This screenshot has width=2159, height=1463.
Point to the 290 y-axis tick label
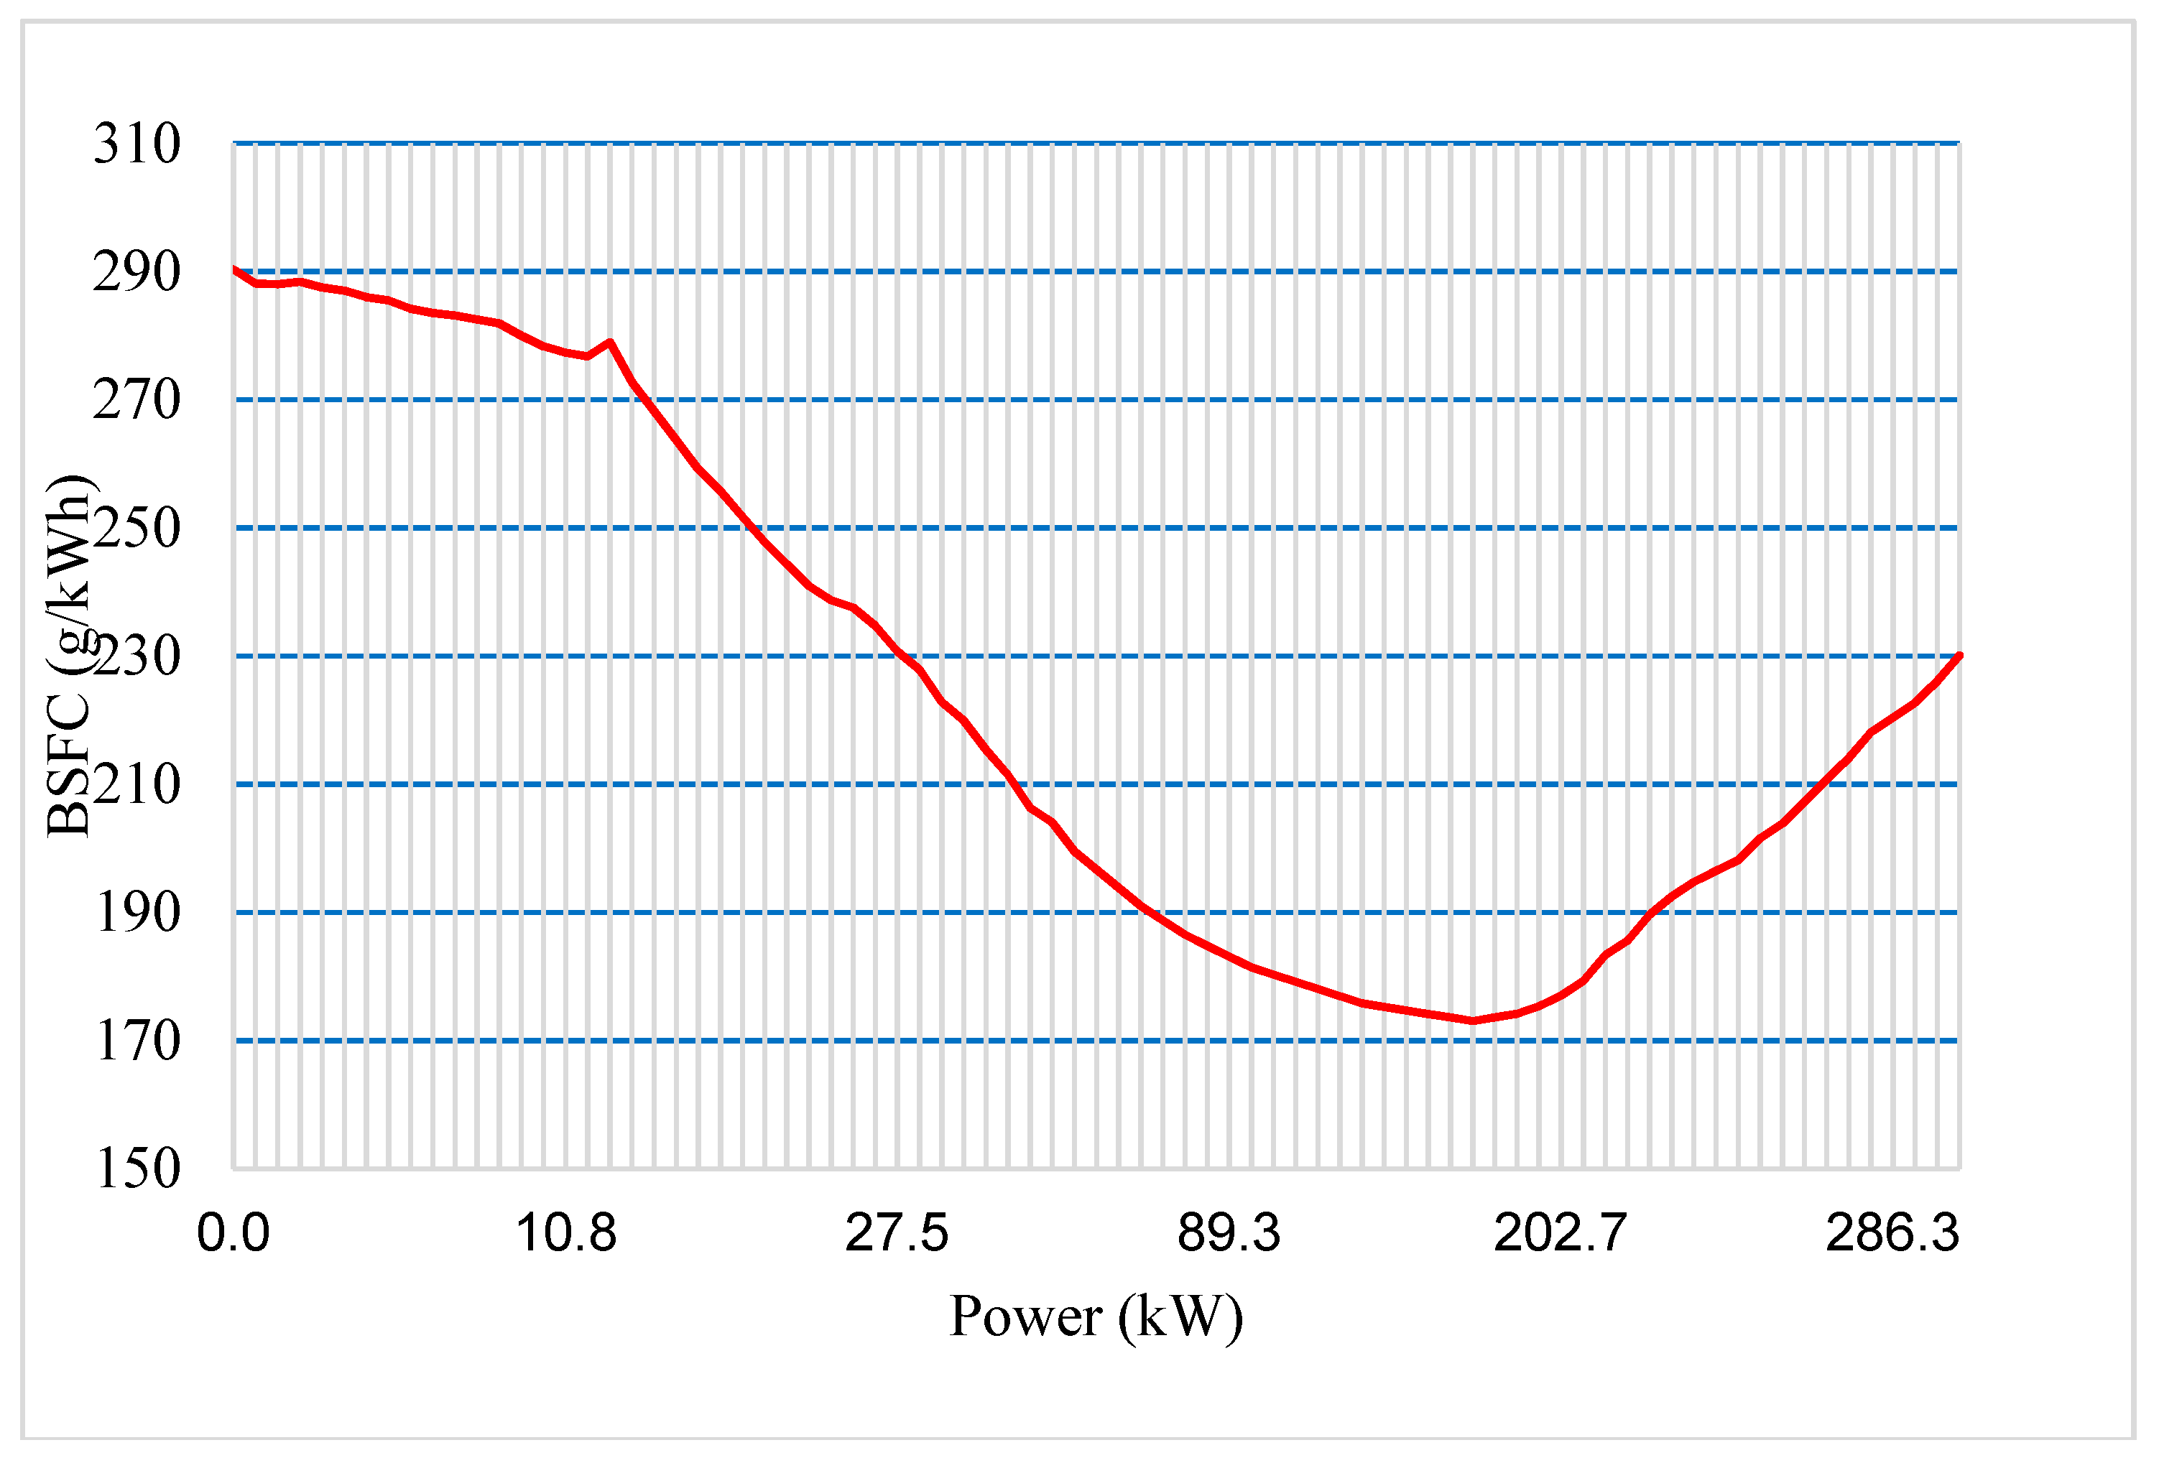pyautogui.click(x=137, y=272)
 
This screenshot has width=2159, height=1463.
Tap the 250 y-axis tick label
pyautogui.click(x=137, y=529)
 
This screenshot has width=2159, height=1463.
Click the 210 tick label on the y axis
pyautogui.click(x=137, y=785)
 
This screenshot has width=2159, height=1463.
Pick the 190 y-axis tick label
pyautogui.click(x=137, y=913)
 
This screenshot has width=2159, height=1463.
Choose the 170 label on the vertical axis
pyautogui.click(x=137, y=1041)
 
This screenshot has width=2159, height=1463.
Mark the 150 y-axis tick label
pyautogui.click(x=137, y=1169)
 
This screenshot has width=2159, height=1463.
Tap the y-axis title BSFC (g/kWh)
pyautogui.click(x=69, y=656)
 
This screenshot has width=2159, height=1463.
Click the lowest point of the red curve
pyautogui.click(x=1472, y=1021)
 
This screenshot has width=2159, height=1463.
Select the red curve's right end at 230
pyautogui.click(x=1959, y=656)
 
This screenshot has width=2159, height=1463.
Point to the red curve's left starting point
pyautogui.click(x=234, y=269)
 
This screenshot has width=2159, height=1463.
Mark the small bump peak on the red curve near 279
pyautogui.click(x=609, y=342)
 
